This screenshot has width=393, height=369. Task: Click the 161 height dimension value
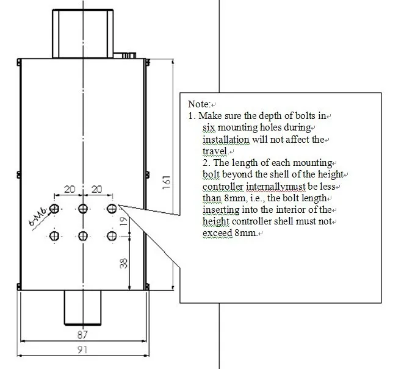pos(167,181)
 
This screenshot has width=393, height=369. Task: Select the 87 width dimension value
pos(84,334)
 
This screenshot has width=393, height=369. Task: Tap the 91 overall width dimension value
pos(84,350)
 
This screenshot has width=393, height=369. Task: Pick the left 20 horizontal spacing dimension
pos(68,190)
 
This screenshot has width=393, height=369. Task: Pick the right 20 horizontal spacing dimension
pos(97,190)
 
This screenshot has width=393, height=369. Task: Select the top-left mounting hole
pos(54,209)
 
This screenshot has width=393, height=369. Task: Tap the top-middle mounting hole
pos(82,209)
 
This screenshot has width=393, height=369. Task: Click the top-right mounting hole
pos(111,209)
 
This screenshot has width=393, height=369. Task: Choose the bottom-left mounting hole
pos(54,236)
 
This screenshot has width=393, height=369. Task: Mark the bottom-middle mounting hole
pos(82,236)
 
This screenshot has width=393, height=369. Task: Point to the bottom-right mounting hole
pos(111,236)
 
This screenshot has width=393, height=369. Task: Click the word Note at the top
pos(198,104)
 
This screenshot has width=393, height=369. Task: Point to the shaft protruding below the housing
pos(82,308)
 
